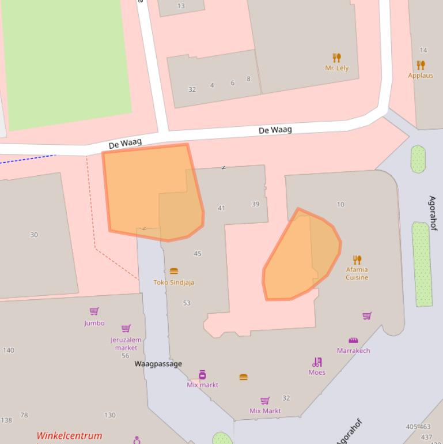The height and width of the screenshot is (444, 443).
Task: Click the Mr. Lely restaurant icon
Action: point(337,58)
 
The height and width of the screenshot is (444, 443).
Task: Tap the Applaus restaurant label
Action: point(421,75)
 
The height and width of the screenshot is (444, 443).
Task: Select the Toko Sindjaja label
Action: point(173,283)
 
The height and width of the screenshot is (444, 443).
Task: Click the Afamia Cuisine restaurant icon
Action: point(357,260)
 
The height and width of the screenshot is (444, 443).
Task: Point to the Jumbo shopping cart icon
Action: point(94,311)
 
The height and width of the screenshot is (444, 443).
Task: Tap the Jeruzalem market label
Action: point(126,344)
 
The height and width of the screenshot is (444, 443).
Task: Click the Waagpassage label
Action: point(158,364)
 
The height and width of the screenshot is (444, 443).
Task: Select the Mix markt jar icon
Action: point(202,375)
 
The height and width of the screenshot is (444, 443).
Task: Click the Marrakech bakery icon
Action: point(353,340)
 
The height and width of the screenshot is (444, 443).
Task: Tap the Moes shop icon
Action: point(317,362)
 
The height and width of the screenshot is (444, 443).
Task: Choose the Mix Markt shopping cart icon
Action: point(265,401)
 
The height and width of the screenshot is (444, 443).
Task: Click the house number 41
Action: point(221,208)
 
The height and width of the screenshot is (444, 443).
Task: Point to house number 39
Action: point(255,204)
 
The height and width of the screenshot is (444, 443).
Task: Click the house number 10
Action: point(340,204)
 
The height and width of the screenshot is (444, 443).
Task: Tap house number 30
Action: point(34,235)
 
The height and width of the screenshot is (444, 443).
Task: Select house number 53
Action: point(187,303)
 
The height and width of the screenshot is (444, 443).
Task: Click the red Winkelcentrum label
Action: point(69,436)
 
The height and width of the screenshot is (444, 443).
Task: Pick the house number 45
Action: point(198,254)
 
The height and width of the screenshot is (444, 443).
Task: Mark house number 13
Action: point(181,6)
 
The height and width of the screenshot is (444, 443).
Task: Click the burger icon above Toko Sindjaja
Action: point(173,271)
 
